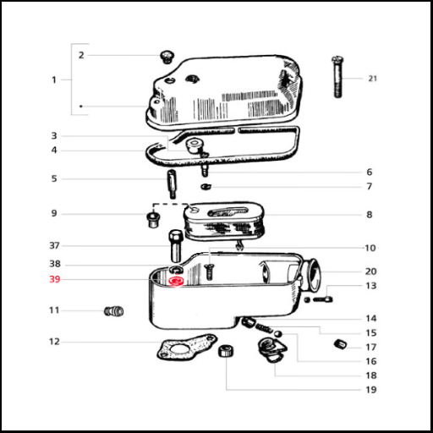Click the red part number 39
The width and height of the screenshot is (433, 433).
[x=55, y=279]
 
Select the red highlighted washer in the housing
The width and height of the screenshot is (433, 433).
[x=176, y=282]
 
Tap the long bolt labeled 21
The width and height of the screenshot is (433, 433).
[x=337, y=77]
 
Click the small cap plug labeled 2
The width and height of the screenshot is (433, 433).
[x=167, y=57]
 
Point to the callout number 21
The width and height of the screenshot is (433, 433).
[x=372, y=79]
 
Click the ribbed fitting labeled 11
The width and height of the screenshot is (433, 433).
[x=114, y=311]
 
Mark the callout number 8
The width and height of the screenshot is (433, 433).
[x=370, y=215]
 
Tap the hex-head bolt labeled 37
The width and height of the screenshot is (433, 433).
[x=175, y=246]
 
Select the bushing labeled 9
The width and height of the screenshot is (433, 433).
[x=153, y=221]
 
